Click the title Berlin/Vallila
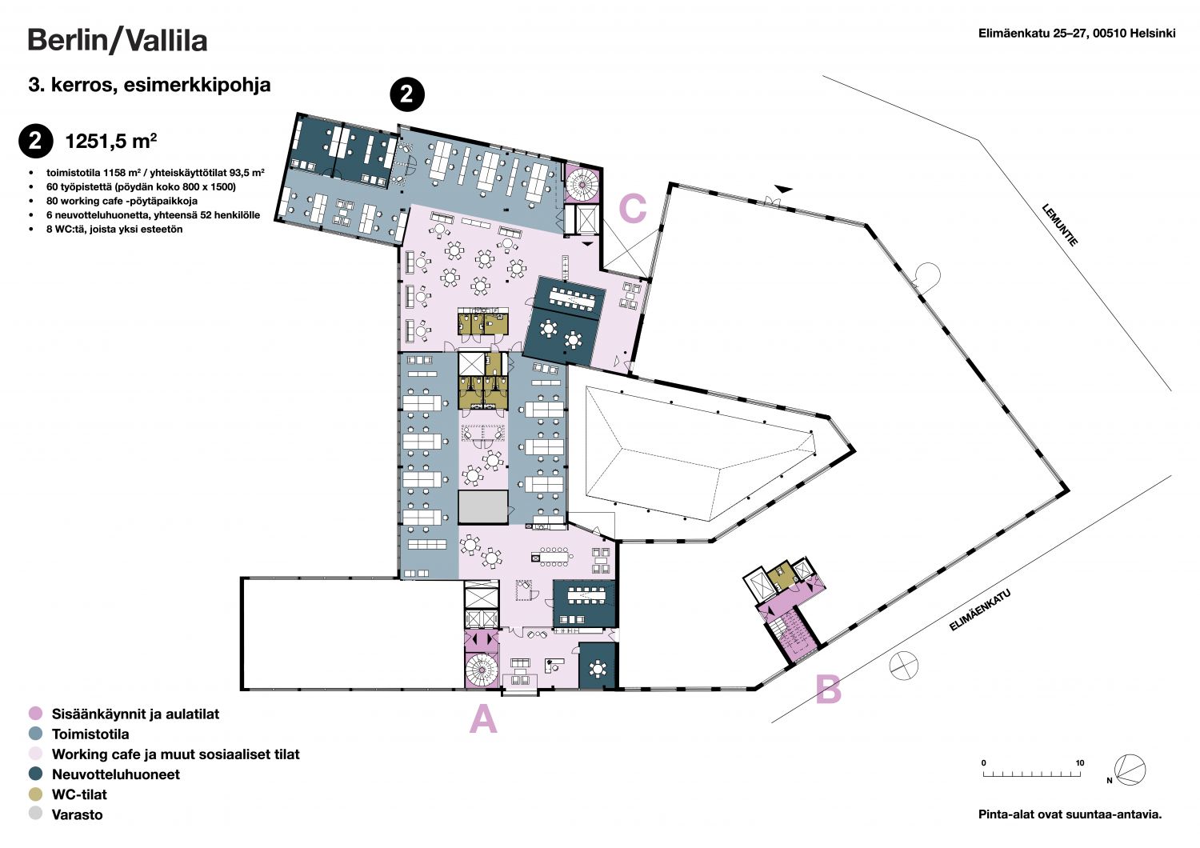(x=118, y=41)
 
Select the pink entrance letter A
(x=483, y=718)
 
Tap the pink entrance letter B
(x=828, y=690)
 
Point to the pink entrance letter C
(x=633, y=208)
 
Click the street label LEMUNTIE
(x=1059, y=225)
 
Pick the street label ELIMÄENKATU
(x=979, y=610)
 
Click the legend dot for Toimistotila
(x=35, y=734)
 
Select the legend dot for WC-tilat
(x=35, y=794)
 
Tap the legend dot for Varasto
(x=35, y=814)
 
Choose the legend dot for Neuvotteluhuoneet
(x=35, y=774)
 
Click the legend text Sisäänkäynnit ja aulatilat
(x=135, y=714)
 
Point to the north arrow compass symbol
(x=1130, y=770)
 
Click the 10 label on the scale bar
(x=1079, y=763)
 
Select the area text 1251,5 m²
(x=111, y=141)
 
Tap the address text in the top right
(x=1077, y=34)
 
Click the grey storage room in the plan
(x=482, y=506)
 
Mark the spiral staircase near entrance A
(x=482, y=670)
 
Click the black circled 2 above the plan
(x=407, y=95)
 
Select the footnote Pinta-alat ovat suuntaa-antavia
(x=1070, y=814)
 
